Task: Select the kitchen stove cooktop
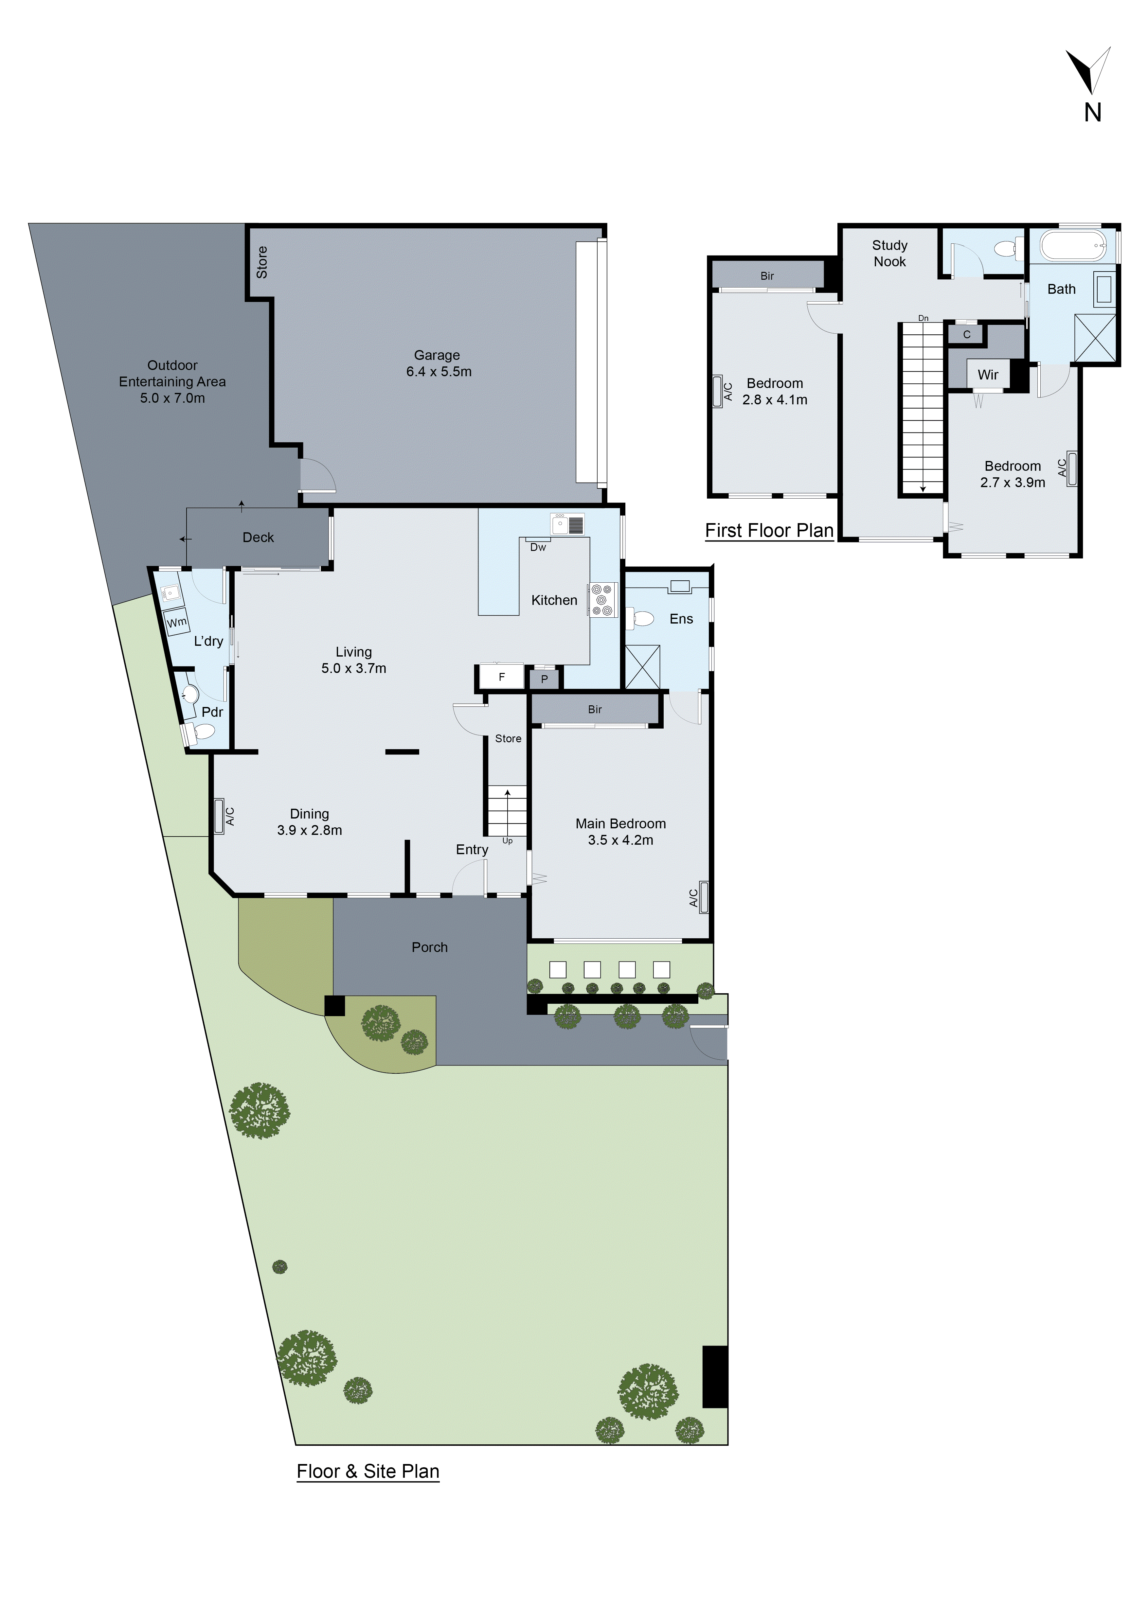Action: click(x=602, y=599)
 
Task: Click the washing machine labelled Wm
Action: click(x=177, y=622)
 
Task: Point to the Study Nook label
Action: click(x=889, y=253)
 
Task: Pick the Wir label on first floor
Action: click(x=988, y=375)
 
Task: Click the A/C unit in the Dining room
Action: click(x=219, y=817)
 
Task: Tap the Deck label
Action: click(x=258, y=537)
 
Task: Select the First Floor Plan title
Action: click(x=769, y=531)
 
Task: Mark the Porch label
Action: click(x=430, y=947)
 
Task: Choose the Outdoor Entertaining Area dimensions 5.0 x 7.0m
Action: click(x=172, y=398)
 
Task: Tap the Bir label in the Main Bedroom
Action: click(x=595, y=709)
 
